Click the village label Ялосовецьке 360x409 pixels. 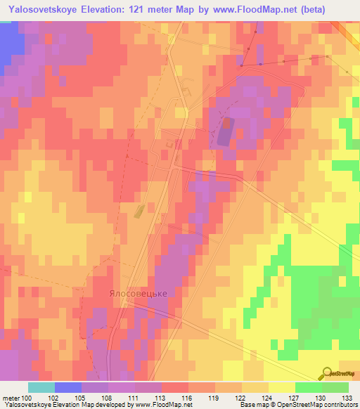point(138,293)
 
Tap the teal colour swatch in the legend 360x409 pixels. point(41,387)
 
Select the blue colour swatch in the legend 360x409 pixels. point(67,387)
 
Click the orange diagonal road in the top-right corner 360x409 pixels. point(347,32)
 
